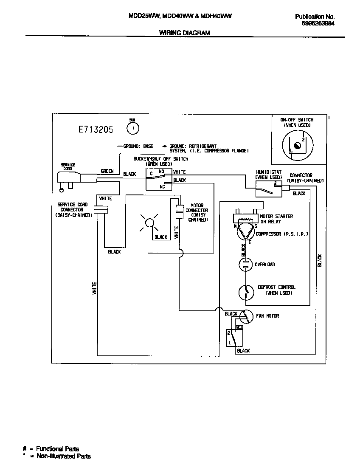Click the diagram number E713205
[x=96, y=130]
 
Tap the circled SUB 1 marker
[x=133, y=127]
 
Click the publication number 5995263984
[x=318, y=24]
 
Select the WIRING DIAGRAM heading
[x=184, y=33]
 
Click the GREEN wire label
[x=107, y=171]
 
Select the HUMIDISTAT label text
[x=268, y=172]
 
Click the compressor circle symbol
[x=244, y=233]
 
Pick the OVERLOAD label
[x=264, y=265]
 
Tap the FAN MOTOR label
[x=267, y=316]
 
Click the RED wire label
[x=239, y=327]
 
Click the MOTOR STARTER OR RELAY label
[x=277, y=219]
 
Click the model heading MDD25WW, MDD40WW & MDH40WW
[x=180, y=16]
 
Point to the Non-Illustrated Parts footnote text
[x=63, y=456]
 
